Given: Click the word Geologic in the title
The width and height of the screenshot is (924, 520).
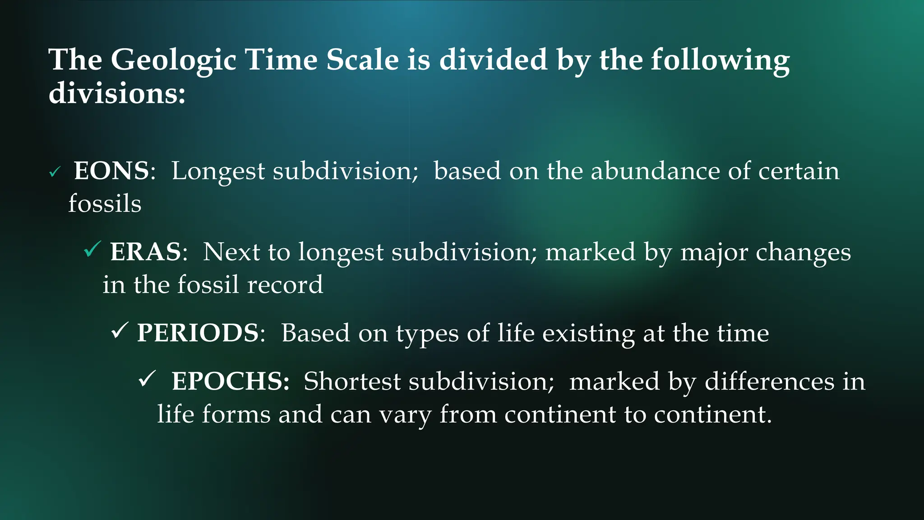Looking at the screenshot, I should click(173, 60).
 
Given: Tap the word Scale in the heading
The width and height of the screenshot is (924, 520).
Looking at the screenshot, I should click(362, 60).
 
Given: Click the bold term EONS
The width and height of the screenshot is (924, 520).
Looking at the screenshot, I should click(111, 171).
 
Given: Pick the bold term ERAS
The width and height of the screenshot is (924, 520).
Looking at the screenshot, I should click(146, 252).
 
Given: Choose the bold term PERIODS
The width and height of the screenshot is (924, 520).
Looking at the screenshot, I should click(198, 333).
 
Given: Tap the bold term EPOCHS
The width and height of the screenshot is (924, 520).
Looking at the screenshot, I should click(230, 381).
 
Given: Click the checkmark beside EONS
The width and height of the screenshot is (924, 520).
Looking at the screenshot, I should click(55, 172).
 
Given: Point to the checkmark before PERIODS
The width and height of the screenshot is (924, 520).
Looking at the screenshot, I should click(120, 330).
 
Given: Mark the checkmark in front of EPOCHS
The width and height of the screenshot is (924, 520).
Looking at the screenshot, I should click(147, 379).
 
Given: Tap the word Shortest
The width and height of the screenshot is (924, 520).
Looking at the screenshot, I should click(352, 381).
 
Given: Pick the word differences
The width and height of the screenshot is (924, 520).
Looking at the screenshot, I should click(769, 381).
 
